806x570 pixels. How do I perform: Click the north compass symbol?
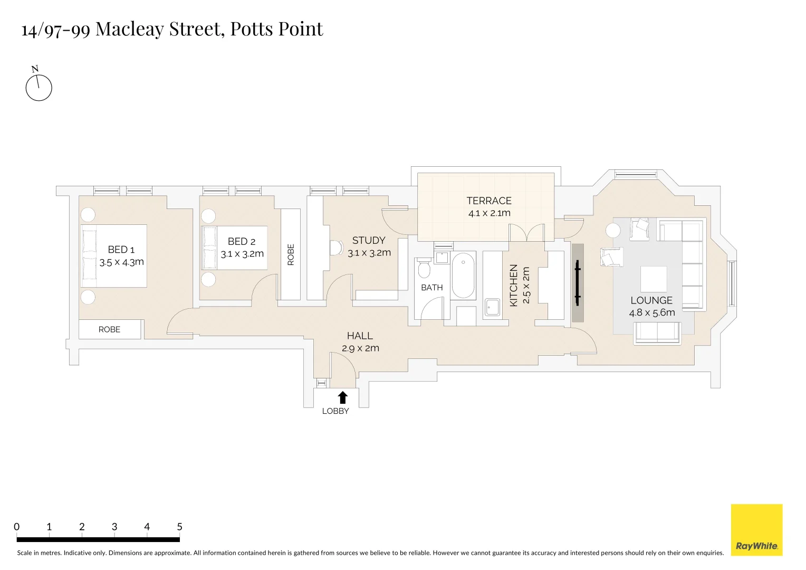pyautogui.click(x=39, y=87)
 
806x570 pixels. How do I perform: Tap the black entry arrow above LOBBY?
pyautogui.click(x=342, y=397)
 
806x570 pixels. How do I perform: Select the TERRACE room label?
pyautogui.click(x=489, y=201)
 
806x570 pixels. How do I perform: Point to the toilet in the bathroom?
pyautogui.click(x=424, y=269)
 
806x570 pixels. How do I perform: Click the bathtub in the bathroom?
pyautogui.click(x=464, y=275)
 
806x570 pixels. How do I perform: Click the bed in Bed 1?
pyautogui.click(x=113, y=256)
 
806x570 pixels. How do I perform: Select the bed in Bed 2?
pyautogui.click(x=235, y=248)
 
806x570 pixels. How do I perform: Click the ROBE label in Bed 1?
pyautogui.click(x=109, y=329)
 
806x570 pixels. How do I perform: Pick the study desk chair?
pyautogui.click(x=335, y=248)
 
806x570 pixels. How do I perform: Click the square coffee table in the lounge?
pyautogui.click(x=653, y=279)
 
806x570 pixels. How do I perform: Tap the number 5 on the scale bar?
pyautogui.click(x=179, y=527)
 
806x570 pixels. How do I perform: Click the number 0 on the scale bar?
pyautogui.click(x=17, y=527)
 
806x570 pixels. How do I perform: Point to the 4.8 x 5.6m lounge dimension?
pyautogui.click(x=651, y=312)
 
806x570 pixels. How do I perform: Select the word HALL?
pyautogui.click(x=360, y=336)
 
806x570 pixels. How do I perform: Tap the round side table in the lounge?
pyautogui.click(x=613, y=231)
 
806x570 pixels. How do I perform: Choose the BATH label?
pyautogui.click(x=432, y=288)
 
